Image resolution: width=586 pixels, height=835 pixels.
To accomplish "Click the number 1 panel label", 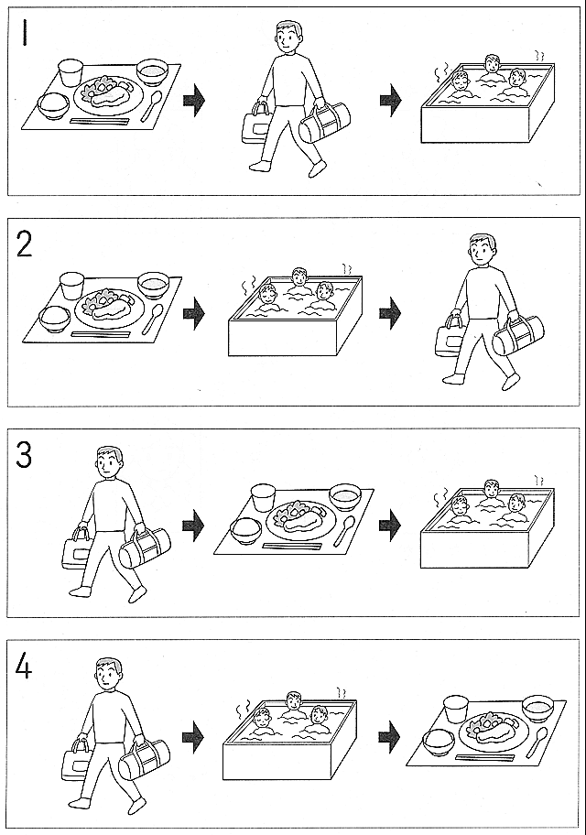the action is pos(24,33).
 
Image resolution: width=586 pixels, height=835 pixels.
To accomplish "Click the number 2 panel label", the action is pos(25,244).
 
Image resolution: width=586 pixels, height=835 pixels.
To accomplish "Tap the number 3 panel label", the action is pos(24,456).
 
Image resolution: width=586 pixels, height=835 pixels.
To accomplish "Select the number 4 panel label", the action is pos(24,667).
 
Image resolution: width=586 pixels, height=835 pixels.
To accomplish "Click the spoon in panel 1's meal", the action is pos(152,106).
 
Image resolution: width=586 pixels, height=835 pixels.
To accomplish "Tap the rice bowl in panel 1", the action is pos(53,105).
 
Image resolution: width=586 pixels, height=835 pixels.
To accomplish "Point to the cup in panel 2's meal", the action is pos(72,286).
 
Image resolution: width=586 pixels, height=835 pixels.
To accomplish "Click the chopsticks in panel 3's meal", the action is pos(292,546).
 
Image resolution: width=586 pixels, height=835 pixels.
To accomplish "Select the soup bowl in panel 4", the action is pos(538,709).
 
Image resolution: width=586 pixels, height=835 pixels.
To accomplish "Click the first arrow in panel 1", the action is pos(194,100).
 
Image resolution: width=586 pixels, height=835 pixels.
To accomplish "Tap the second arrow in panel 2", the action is pos(390,313).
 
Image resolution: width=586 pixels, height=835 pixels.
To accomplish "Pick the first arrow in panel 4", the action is pos(193,737).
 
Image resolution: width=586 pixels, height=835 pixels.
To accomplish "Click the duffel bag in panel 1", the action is pos(325,123).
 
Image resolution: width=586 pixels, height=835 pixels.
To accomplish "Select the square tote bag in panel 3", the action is pos(76,548).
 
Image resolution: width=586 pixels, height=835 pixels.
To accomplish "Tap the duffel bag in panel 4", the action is pos(144,758).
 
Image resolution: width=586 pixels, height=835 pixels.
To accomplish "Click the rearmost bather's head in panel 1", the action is pos(493,64).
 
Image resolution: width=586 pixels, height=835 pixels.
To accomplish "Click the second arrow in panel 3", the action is pos(390,526).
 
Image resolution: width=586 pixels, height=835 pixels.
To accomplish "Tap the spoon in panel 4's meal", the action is pos(537,743).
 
